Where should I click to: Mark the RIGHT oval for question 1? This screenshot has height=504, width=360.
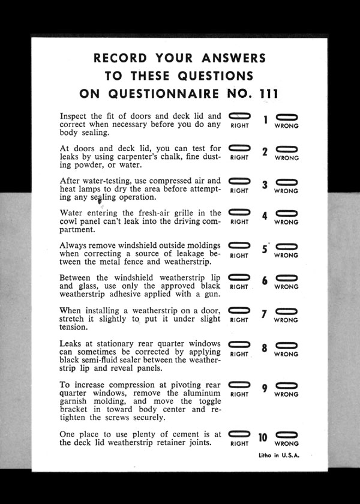239,116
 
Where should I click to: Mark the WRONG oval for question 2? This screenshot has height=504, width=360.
286,148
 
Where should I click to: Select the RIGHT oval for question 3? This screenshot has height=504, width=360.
239,181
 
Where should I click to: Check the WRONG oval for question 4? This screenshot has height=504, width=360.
286,213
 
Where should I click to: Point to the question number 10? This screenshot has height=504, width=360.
263,437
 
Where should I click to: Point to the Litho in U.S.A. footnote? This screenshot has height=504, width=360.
278,456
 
